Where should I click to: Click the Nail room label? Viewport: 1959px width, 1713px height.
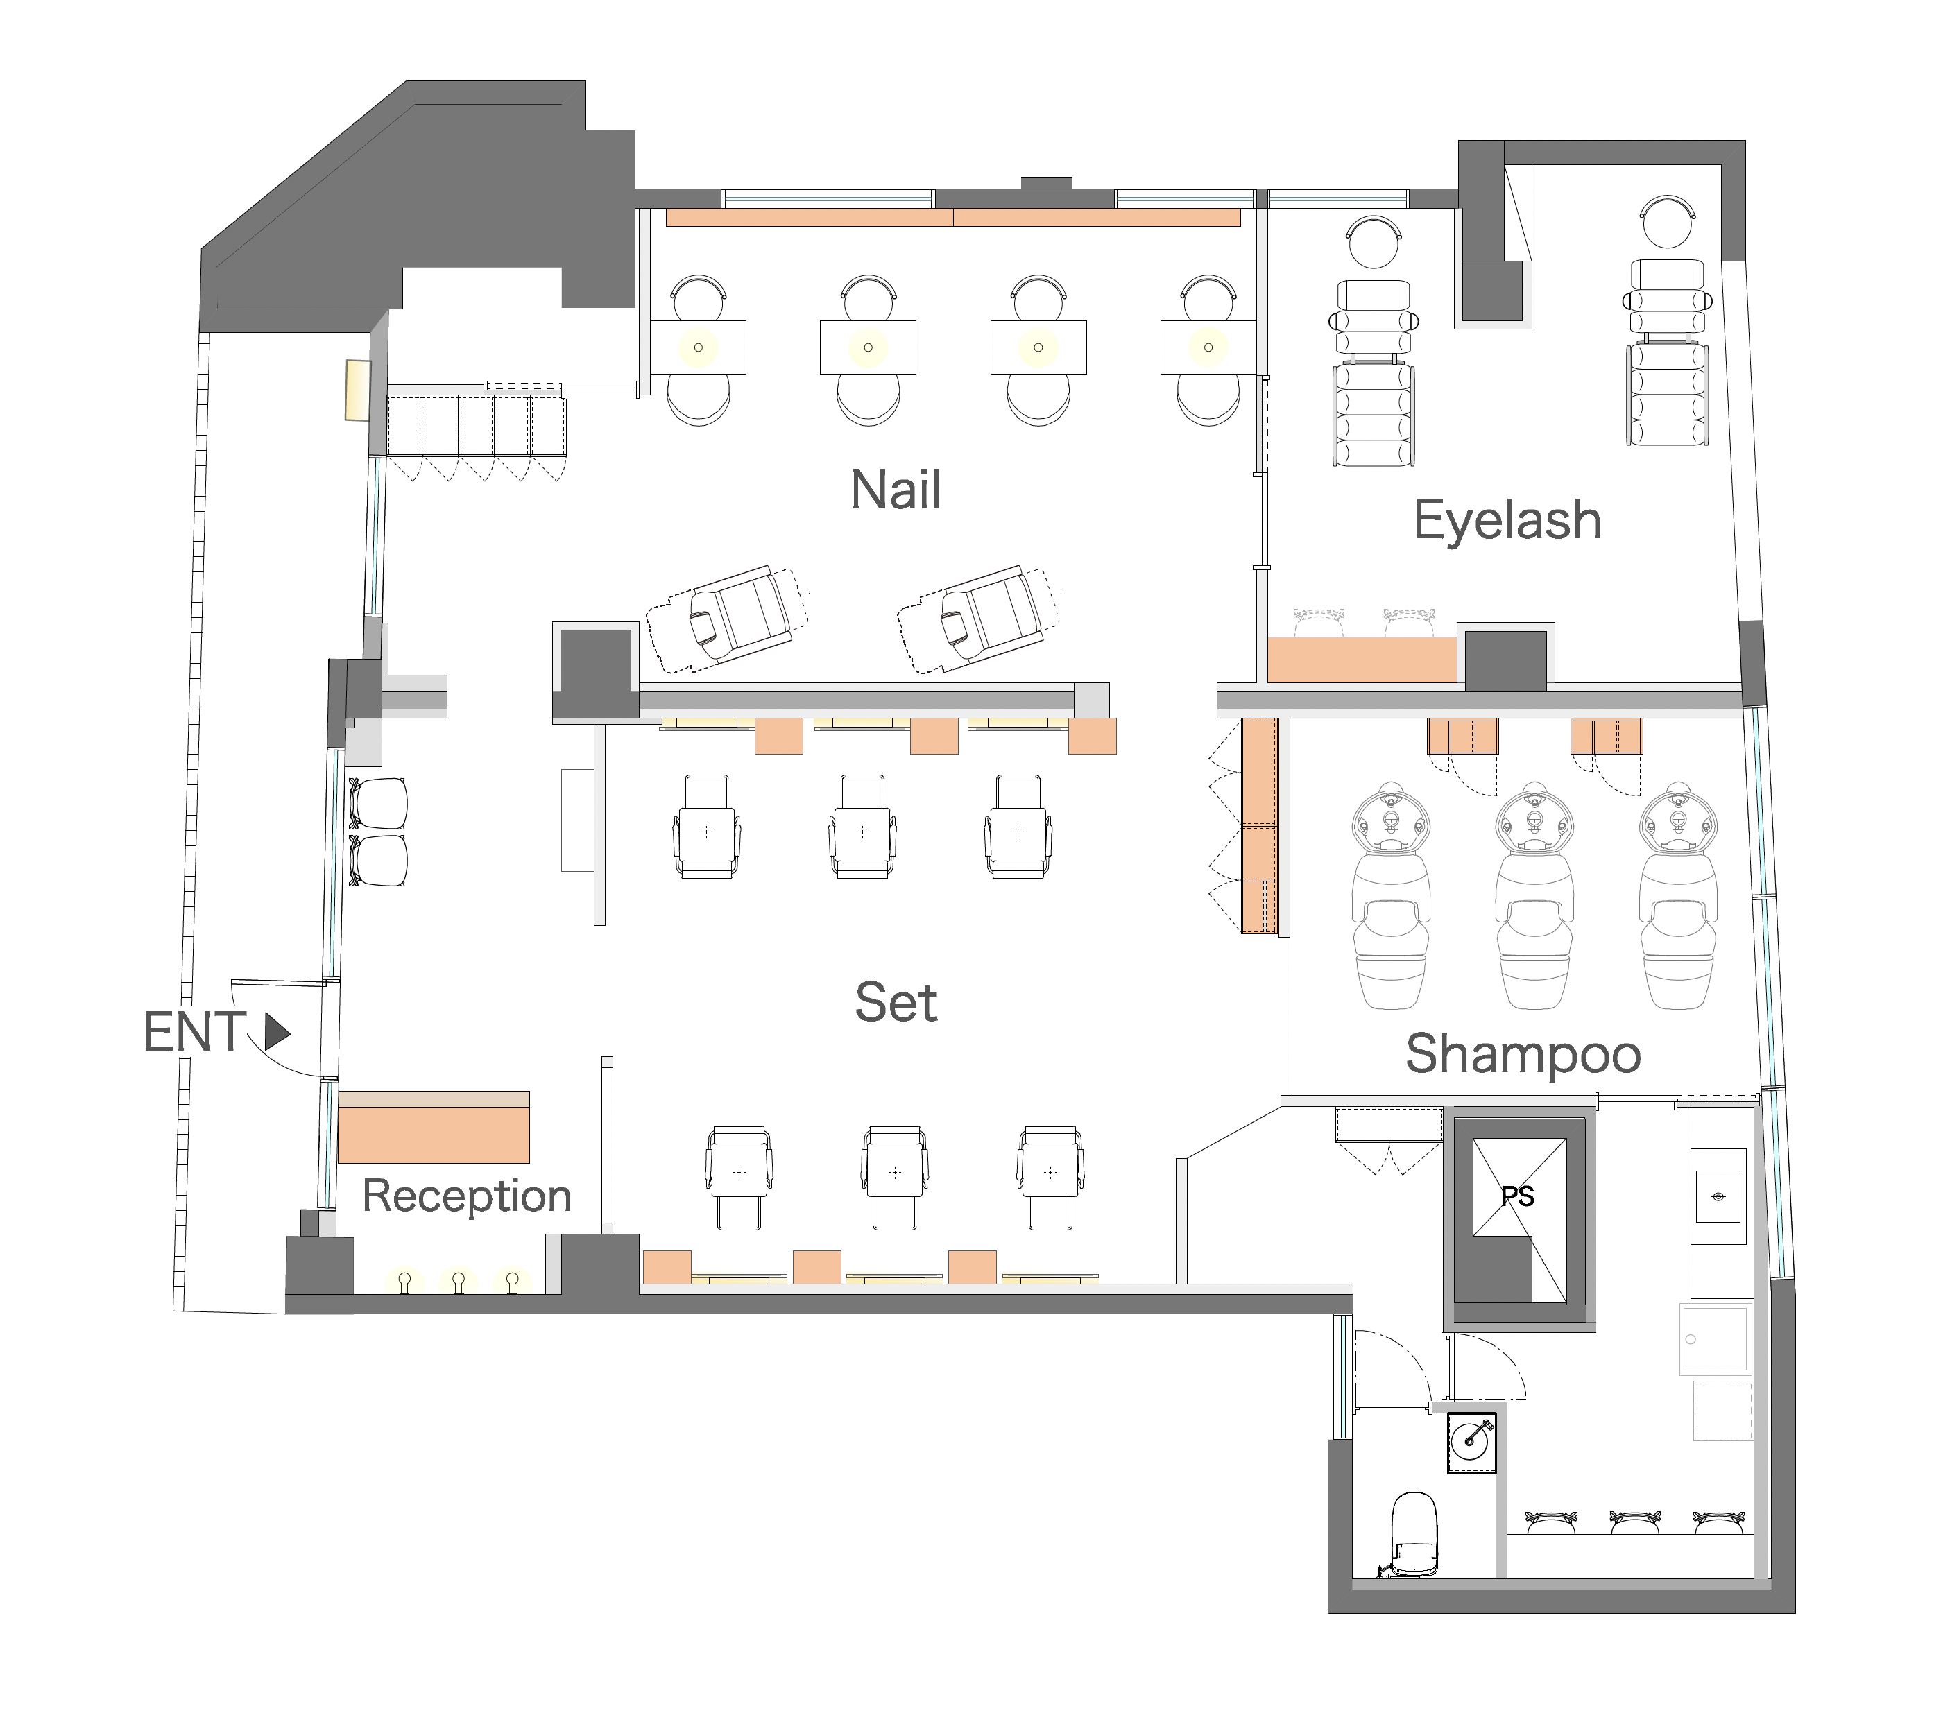click(896, 490)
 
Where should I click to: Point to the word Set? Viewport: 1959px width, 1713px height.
click(896, 1002)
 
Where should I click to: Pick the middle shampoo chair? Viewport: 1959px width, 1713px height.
click(1534, 896)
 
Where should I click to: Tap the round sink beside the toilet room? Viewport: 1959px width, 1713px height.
click(1471, 1443)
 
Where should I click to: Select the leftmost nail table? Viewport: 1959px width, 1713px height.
click(698, 347)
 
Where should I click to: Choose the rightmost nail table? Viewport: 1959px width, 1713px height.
click(1208, 347)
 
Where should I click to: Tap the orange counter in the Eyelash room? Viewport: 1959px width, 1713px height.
click(1362, 660)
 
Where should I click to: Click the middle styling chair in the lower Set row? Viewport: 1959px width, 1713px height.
click(895, 1178)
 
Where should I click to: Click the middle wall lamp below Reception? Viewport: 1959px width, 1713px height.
click(459, 1281)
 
